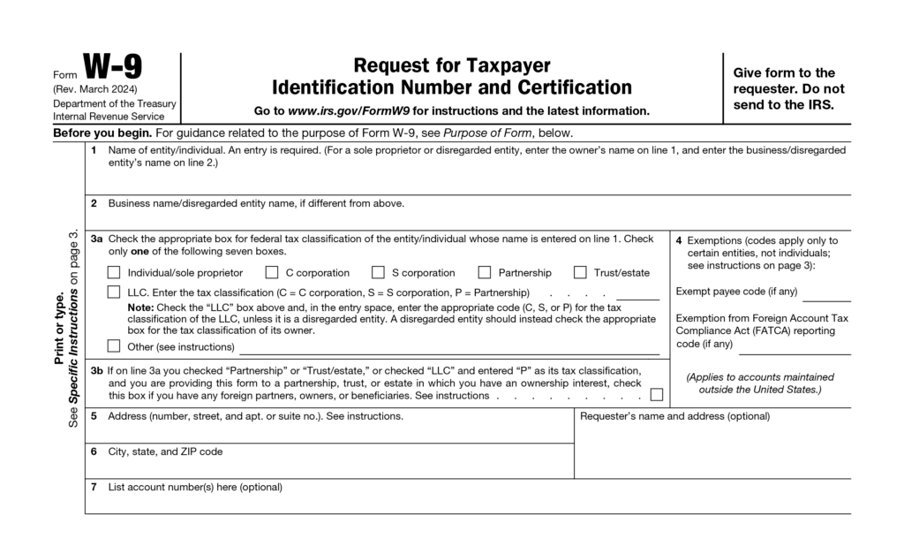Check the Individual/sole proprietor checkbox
(114, 272)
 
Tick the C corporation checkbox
(272, 272)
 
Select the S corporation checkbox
(378, 272)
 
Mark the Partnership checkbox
(485, 272)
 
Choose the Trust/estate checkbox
(580, 272)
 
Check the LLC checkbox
(114, 292)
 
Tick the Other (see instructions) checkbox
(114, 346)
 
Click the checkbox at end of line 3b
(656, 395)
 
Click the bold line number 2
(94, 203)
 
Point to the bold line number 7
(94, 487)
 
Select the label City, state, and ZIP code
(165, 452)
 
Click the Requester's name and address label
(674, 415)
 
